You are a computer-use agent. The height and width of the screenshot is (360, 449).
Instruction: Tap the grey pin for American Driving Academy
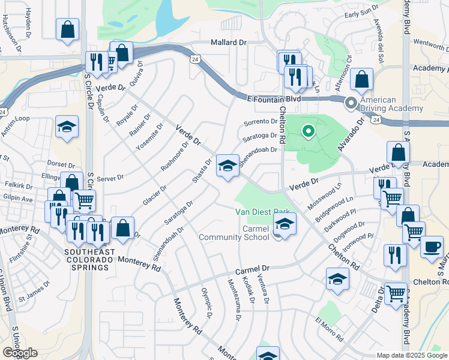(351, 104)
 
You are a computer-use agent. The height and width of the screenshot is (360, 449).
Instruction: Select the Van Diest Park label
(262, 212)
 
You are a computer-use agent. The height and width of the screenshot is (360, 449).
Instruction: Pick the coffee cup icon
(432, 246)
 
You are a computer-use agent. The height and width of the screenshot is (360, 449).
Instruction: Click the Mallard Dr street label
(229, 43)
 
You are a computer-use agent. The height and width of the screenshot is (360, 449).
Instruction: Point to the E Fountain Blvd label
(274, 98)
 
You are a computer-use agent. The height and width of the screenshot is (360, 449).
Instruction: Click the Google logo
(20, 353)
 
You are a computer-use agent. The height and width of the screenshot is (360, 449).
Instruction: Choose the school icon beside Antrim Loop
(67, 127)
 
